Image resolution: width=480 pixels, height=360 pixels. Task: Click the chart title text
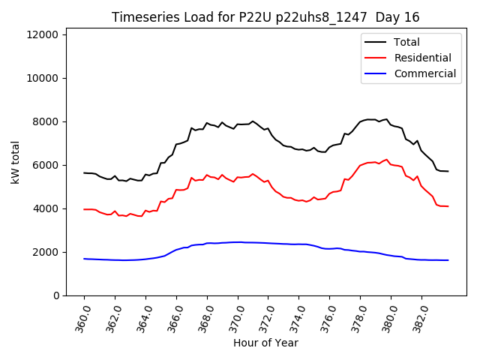tap(265, 17)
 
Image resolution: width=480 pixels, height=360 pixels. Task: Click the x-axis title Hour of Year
tap(265, 343)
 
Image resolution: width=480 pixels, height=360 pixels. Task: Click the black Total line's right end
tap(448, 171)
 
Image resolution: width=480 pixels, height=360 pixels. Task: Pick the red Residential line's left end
tap(84, 209)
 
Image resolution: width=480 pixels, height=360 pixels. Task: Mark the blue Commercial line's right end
tap(448, 260)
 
